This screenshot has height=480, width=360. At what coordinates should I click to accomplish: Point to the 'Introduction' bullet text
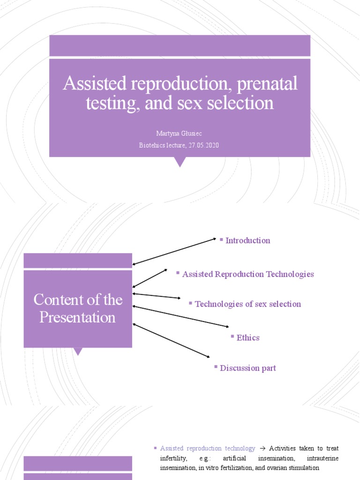pyautogui.click(x=247, y=240)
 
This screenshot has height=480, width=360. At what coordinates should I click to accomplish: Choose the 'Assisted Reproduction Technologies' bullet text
pyautogui.click(x=247, y=274)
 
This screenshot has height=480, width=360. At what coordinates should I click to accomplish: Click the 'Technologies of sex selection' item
pyautogui.click(x=247, y=304)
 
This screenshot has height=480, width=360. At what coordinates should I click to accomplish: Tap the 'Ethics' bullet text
pyautogui.click(x=248, y=338)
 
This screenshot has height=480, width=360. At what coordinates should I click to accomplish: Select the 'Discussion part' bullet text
pyautogui.click(x=247, y=368)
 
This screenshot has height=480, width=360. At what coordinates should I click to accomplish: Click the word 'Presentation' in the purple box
pyautogui.click(x=77, y=317)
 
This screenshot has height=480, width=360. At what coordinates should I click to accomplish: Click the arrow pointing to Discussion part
pyautogui.click(x=172, y=341)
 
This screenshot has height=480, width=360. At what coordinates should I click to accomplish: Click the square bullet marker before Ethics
pyautogui.click(x=232, y=336)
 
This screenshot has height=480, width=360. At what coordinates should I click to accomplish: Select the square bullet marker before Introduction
pyautogui.click(x=221, y=239)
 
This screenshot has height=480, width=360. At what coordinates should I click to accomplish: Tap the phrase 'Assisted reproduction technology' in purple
pyautogui.click(x=207, y=449)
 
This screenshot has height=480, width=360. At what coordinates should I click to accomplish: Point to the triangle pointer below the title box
pyautogui.click(x=180, y=162)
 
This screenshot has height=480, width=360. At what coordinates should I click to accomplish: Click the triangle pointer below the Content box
pyautogui.click(x=78, y=351)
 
